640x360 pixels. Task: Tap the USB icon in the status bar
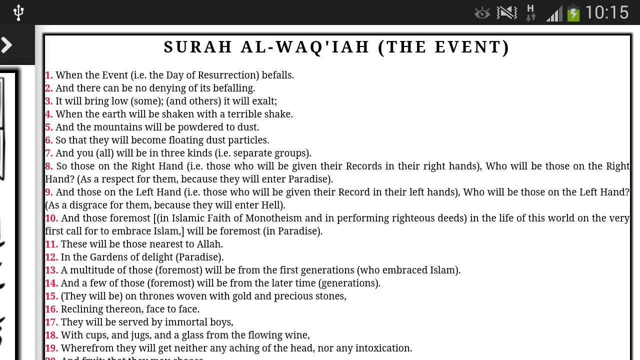click(x=18, y=12)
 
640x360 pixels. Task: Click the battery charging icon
click(x=573, y=12)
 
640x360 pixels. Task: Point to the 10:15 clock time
click(x=606, y=12)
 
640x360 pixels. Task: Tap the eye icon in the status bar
click(x=482, y=13)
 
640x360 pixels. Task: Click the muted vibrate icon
click(x=506, y=12)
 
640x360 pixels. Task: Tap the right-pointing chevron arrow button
click(x=7, y=45)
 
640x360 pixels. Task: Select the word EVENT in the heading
click(x=468, y=47)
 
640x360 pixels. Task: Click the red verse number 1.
click(x=48, y=75)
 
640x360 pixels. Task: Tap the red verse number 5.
click(x=48, y=127)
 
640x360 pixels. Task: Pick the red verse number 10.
click(x=51, y=218)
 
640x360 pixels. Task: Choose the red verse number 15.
click(x=51, y=296)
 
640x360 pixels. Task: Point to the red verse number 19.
click(x=51, y=348)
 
